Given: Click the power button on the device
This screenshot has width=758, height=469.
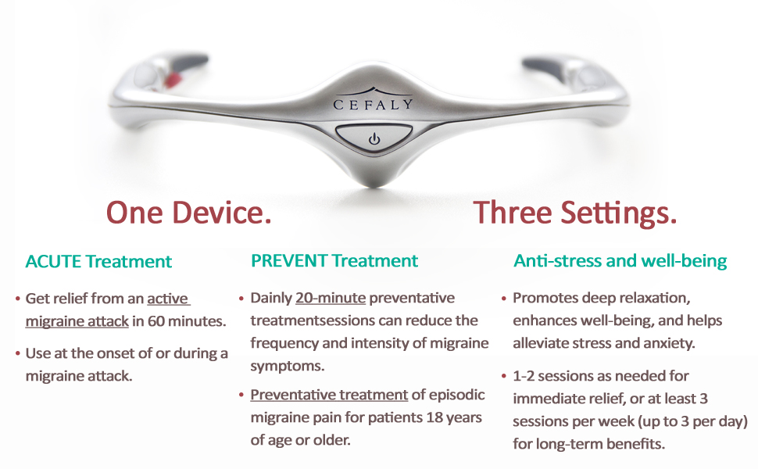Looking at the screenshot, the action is tap(374, 138).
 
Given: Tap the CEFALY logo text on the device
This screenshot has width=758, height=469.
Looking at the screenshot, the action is tap(374, 103).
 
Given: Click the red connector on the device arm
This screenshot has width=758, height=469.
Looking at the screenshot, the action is tap(173, 79).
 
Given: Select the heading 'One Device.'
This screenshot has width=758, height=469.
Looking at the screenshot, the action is tap(188, 213).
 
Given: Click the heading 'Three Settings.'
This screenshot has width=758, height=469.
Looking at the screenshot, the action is tap(575, 213).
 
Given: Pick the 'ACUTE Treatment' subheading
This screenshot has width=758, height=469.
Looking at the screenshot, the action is tap(98, 262).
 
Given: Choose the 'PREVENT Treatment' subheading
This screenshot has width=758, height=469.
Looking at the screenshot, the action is tap(334, 260).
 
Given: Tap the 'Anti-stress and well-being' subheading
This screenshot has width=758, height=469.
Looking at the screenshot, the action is tap(620, 260).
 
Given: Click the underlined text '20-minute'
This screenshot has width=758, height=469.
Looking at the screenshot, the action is tap(331, 298).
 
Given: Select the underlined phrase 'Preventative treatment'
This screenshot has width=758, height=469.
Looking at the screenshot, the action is tap(329, 395).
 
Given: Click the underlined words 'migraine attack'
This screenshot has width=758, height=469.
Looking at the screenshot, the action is tap(77, 321).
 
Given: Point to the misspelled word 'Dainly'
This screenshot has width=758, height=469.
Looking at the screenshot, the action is tap(271, 298).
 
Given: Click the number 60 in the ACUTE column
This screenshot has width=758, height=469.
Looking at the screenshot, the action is tap(156, 321).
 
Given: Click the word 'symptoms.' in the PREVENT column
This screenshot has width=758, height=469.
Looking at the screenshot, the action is tap(287, 366).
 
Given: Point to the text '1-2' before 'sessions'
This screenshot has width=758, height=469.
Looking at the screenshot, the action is tap(524, 376).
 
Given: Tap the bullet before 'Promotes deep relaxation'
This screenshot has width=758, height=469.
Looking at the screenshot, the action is tap(504, 299).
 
